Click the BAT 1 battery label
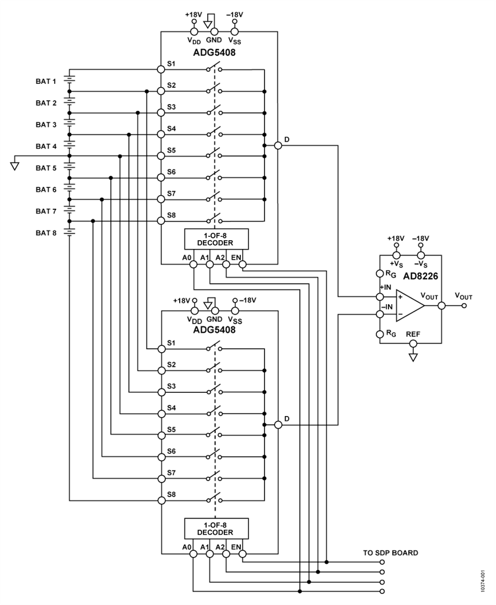46,82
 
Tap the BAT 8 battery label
46,233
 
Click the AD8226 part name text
420,276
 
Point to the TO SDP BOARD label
390,553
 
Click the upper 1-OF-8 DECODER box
216,239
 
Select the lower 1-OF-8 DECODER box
216,528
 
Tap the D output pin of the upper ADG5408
278,145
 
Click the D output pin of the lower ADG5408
278,424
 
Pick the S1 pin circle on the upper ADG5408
161,69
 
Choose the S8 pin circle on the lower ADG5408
161,500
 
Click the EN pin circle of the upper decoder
242,264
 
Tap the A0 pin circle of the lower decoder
193,554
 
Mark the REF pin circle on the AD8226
413,343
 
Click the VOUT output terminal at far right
464,306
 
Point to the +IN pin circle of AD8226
380,296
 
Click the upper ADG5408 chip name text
214,52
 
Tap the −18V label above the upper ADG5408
235,15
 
